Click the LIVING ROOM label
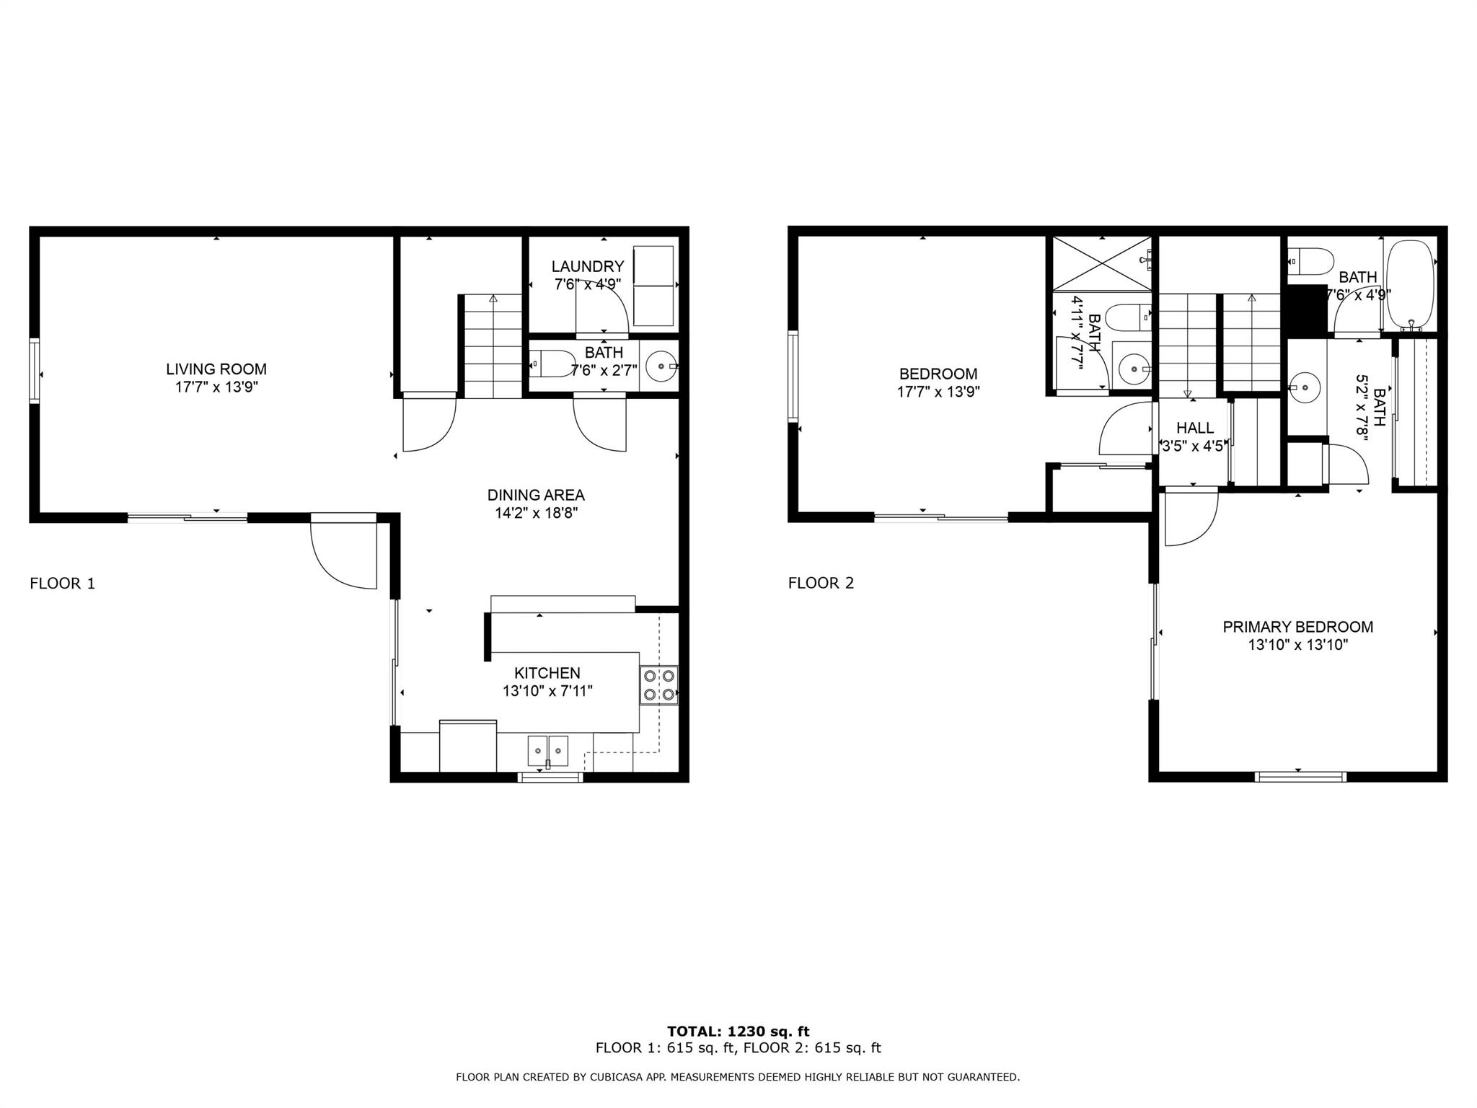216,369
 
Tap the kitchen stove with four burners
659,685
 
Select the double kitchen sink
548,751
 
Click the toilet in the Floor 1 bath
552,364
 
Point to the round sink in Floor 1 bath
661,366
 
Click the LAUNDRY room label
588,267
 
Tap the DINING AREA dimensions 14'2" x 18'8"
536,514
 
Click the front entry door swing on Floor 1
343,552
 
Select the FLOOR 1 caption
63,584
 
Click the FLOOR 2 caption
821,584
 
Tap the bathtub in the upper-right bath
1410,285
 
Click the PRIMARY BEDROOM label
1298,627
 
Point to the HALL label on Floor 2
1195,428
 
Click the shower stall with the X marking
1102,263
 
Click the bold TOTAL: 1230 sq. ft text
738,1032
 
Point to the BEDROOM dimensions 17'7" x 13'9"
938,392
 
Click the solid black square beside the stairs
1308,309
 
